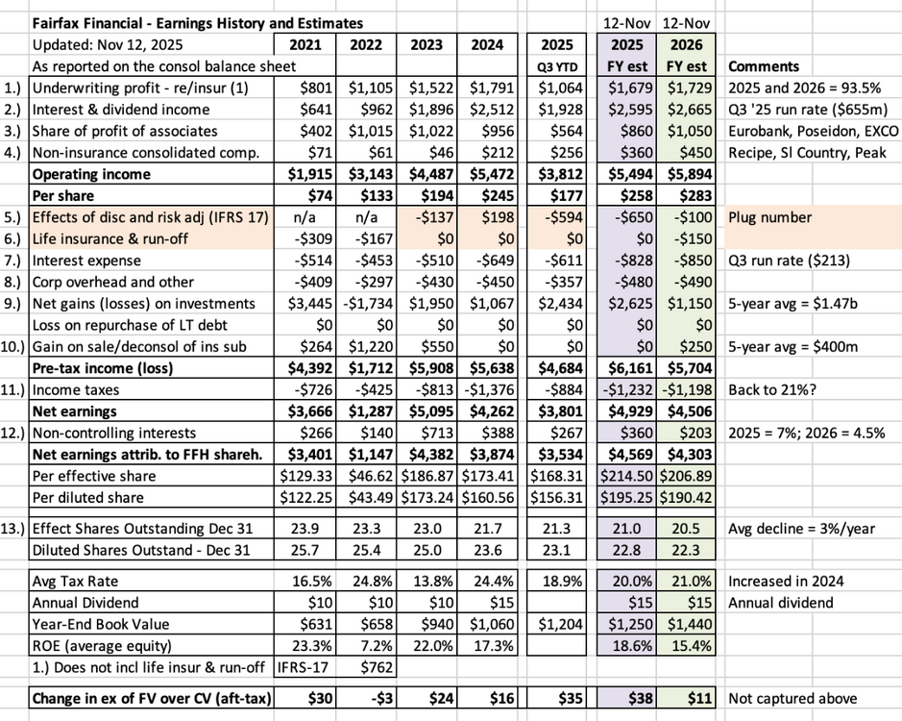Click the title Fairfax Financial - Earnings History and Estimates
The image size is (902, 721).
point(197,24)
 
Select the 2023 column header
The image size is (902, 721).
point(427,45)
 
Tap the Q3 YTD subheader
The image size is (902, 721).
point(556,66)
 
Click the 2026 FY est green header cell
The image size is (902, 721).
point(686,56)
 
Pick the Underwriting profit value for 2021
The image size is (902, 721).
point(316,88)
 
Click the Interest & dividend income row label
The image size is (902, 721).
point(121,110)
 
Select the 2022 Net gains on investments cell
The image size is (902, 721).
point(367,304)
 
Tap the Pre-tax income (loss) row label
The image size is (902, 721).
point(103,368)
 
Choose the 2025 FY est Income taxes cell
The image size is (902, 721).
point(627,390)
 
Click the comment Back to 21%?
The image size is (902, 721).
point(772,390)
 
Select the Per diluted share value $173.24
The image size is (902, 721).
point(427,498)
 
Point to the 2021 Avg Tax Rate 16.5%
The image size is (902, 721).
point(312,581)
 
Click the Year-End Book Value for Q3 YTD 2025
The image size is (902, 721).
point(560,624)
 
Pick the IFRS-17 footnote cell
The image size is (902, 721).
point(303,667)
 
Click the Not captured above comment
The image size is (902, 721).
point(792,699)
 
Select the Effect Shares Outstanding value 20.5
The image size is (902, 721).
point(686,529)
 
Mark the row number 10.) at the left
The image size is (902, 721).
point(13,347)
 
